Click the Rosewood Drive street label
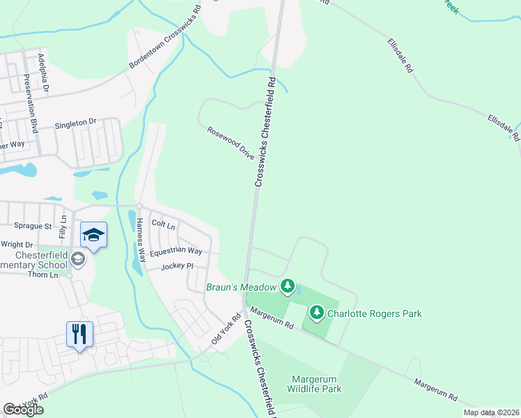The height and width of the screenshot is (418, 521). [x=231, y=144]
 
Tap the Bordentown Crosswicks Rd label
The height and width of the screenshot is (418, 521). [x=164, y=42]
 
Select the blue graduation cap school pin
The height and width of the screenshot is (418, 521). [x=93, y=235]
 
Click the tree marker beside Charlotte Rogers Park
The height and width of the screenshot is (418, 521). [x=317, y=313]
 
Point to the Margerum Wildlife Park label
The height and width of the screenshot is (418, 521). [x=316, y=384]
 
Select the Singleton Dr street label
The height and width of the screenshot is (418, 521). [x=75, y=124]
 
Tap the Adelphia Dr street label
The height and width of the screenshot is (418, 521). [x=44, y=73]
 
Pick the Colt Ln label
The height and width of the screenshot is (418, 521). [x=163, y=225]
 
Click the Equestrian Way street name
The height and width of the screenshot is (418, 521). [x=176, y=251]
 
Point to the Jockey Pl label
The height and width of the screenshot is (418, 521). [x=176, y=267]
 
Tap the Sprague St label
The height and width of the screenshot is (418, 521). [x=33, y=226]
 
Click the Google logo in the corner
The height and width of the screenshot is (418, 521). [x=24, y=410]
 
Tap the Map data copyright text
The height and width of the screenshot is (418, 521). [x=490, y=412]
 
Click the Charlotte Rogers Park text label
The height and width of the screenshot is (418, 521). [x=375, y=314]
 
